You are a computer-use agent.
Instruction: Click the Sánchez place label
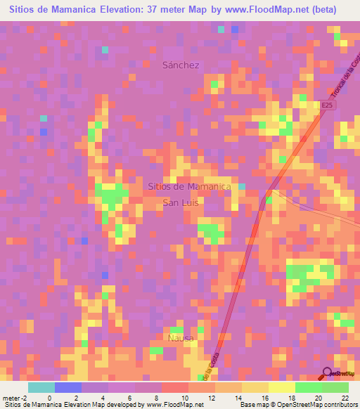[181, 65]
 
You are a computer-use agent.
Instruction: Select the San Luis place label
[181, 202]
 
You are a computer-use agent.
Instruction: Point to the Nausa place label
[181, 337]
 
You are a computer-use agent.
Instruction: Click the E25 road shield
[326, 105]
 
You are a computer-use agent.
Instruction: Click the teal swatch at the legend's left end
[41, 387]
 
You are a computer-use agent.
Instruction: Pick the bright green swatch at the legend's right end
[335, 387]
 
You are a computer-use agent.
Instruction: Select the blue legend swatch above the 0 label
[68, 387]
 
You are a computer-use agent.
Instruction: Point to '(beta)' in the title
[324, 10]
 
